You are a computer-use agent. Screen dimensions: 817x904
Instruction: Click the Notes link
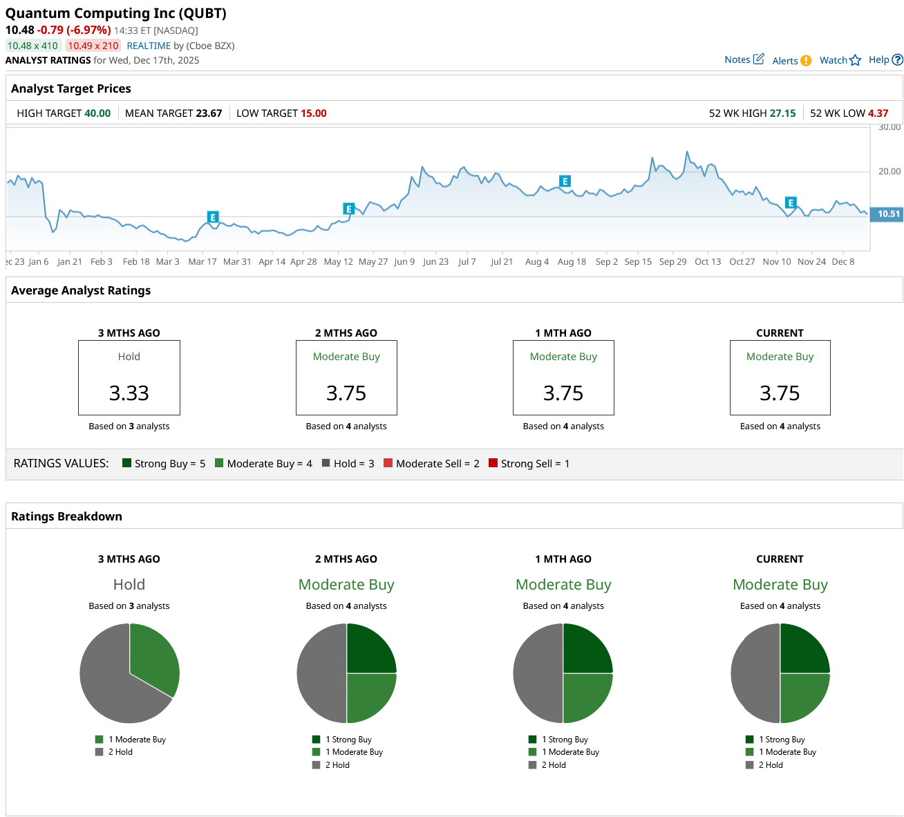click(744, 59)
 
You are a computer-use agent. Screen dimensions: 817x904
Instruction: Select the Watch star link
click(840, 60)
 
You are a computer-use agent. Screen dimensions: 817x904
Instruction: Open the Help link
click(885, 59)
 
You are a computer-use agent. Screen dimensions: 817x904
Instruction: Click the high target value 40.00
click(97, 113)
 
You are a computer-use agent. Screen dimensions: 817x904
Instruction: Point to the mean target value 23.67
click(209, 113)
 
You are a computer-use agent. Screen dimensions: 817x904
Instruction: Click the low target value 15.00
click(314, 113)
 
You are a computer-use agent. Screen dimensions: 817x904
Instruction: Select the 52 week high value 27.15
click(782, 113)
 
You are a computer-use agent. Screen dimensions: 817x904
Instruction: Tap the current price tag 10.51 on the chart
click(888, 214)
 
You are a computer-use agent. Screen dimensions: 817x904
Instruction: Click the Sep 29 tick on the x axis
click(672, 262)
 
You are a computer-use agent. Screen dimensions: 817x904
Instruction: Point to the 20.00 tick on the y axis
click(889, 171)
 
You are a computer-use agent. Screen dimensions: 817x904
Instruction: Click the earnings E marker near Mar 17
click(213, 217)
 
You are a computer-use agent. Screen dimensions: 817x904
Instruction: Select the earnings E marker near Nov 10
click(791, 203)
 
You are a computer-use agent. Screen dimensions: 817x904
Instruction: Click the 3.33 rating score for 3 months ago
click(129, 393)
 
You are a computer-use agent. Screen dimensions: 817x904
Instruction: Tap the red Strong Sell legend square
click(493, 463)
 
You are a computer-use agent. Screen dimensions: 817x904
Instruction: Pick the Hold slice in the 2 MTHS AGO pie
click(321, 673)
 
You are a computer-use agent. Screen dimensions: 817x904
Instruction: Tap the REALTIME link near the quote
click(149, 46)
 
